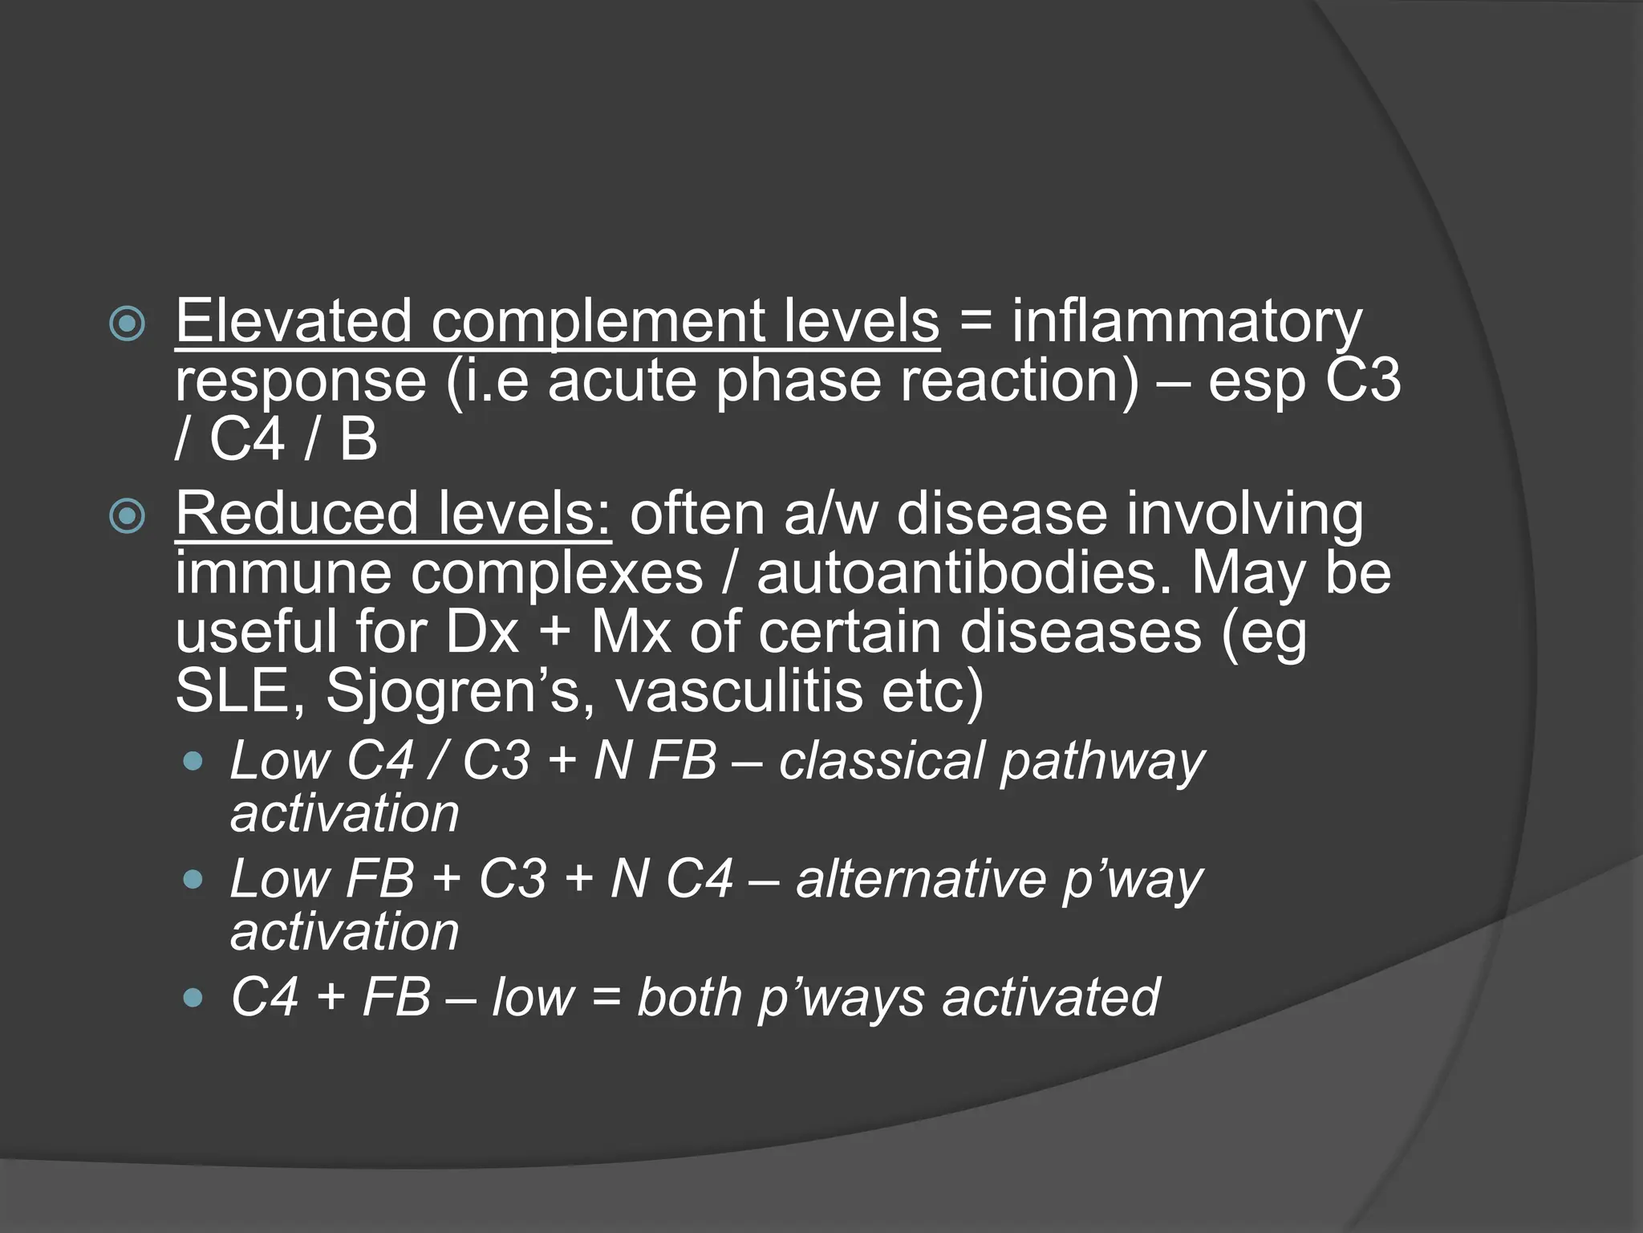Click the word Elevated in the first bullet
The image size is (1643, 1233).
pos(293,321)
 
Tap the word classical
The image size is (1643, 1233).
pos(880,760)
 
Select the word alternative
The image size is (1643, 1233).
pos(920,879)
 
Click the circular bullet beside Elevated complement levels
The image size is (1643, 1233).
pos(128,325)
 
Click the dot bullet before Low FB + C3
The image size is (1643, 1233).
pos(193,880)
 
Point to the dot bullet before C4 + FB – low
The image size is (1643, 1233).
pos(193,998)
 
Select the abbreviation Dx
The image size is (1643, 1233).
pos(482,633)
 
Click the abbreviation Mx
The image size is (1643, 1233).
pos(630,633)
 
